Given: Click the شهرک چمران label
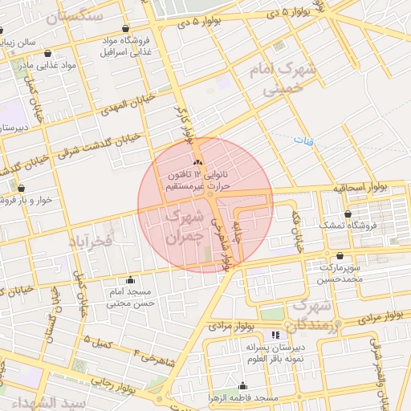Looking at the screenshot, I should point(184,227).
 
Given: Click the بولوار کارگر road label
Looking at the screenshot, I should point(187,126).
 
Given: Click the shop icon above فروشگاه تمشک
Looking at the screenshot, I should point(348,214).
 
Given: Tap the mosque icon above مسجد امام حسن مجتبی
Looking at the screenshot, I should point(130,280).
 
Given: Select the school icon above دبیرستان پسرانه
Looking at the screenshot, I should point(275,335).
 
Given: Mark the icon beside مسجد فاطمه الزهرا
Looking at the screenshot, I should point(242,386).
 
